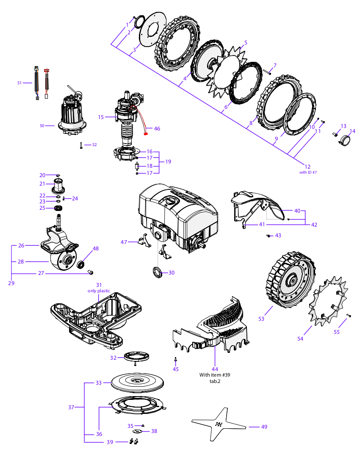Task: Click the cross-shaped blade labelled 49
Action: pos(218,425)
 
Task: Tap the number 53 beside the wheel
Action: pos(261,319)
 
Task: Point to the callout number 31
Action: pos(99,285)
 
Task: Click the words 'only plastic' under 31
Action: pos(99,291)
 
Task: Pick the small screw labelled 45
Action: pos(176,360)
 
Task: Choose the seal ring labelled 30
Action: pos(157,272)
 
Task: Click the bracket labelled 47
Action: pos(143,241)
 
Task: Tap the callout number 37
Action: pos(71,407)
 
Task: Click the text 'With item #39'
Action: pos(215,375)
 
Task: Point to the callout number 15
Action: pos(100,117)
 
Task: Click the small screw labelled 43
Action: pos(268,235)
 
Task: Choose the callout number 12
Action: pos(307,166)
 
